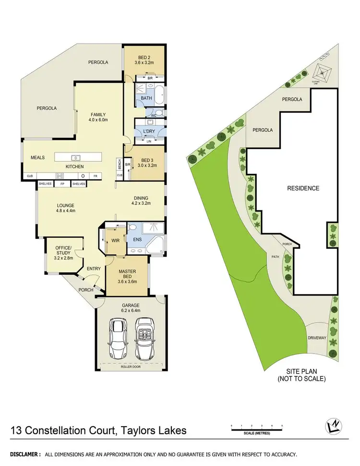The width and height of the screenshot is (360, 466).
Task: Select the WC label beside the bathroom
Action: [x=153, y=115]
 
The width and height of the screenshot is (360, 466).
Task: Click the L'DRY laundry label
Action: [x=148, y=131]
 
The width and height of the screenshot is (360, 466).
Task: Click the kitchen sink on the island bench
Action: [x=76, y=158]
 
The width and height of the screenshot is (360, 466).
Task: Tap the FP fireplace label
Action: [x=62, y=184]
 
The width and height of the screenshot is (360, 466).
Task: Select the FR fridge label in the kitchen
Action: [x=96, y=176]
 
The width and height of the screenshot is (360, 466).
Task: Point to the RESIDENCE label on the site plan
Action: [x=303, y=188]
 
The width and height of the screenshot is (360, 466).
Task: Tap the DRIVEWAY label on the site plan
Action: [x=317, y=338]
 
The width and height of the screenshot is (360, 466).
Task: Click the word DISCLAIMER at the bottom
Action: [x=23, y=454]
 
